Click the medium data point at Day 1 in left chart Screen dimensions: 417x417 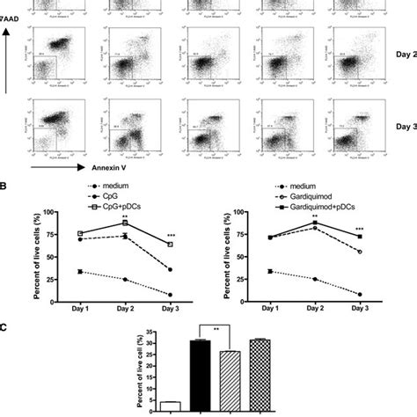click(x=80, y=272)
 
